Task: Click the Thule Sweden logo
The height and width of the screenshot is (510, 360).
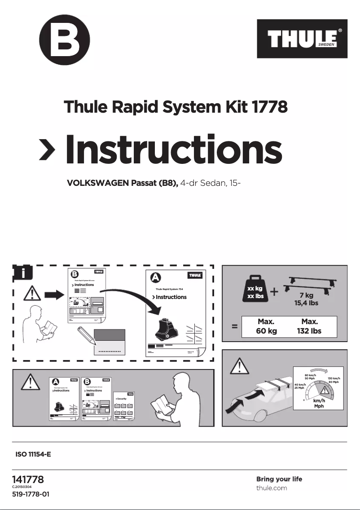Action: (x=302, y=39)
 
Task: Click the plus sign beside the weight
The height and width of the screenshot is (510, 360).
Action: (x=274, y=292)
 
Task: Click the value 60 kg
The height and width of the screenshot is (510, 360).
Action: (x=266, y=331)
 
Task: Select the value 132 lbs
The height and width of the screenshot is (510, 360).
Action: (x=310, y=331)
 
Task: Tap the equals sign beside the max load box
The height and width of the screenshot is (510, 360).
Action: (x=234, y=327)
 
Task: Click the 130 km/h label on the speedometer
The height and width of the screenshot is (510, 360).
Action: (x=334, y=379)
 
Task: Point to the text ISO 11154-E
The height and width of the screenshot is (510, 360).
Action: (x=33, y=454)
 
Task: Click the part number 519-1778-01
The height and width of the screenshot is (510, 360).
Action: (x=31, y=495)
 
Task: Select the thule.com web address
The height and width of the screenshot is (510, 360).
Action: (x=272, y=488)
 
